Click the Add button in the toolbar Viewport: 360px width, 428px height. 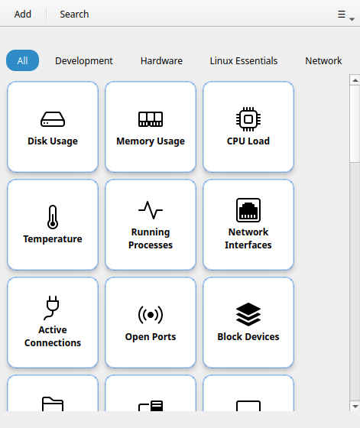pyautogui.click(x=23, y=14)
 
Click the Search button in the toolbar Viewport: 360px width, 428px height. pyautogui.click(x=74, y=14)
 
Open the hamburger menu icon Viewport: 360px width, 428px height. pyautogui.click(x=342, y=15)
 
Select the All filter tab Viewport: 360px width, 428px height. pyautogui.click(x=22, y=60)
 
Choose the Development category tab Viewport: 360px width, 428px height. pyautogui.click(x=84, y=60)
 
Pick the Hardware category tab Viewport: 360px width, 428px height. pyautogui.click(x=161, y=60)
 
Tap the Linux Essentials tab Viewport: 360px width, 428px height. pyautogui.click(x=244, y=60)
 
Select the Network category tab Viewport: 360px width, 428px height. pyautogui.click(x=323, y=60)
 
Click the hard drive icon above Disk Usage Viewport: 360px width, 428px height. pyautogui.click(x=53, y=119)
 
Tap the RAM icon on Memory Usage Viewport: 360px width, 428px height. pyautogui.click(x=151, y=119)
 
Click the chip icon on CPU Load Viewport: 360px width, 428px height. pyautogui.click(x=248, y=119)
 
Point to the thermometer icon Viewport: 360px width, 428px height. pyautogui.click(x=53, y=217)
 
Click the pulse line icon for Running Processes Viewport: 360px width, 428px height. pyautogui.click(x=151, y=210)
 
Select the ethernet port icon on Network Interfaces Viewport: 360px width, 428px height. pyautogui.click(x=248, y=210)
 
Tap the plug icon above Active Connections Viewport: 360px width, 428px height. pyautogui.click(x=52, y=307)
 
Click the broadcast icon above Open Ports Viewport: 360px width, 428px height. pyautogui.click(x=151, y=315)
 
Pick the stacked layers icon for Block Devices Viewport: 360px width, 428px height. pyautogui.click(x=248, y=314)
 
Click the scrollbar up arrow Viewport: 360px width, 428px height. pyautogui.click(x=355, y=80)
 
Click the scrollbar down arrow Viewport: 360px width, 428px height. pyautogui.click(x=355, y=406)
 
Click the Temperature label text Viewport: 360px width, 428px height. pyautogui.click(x=53, y=239)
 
